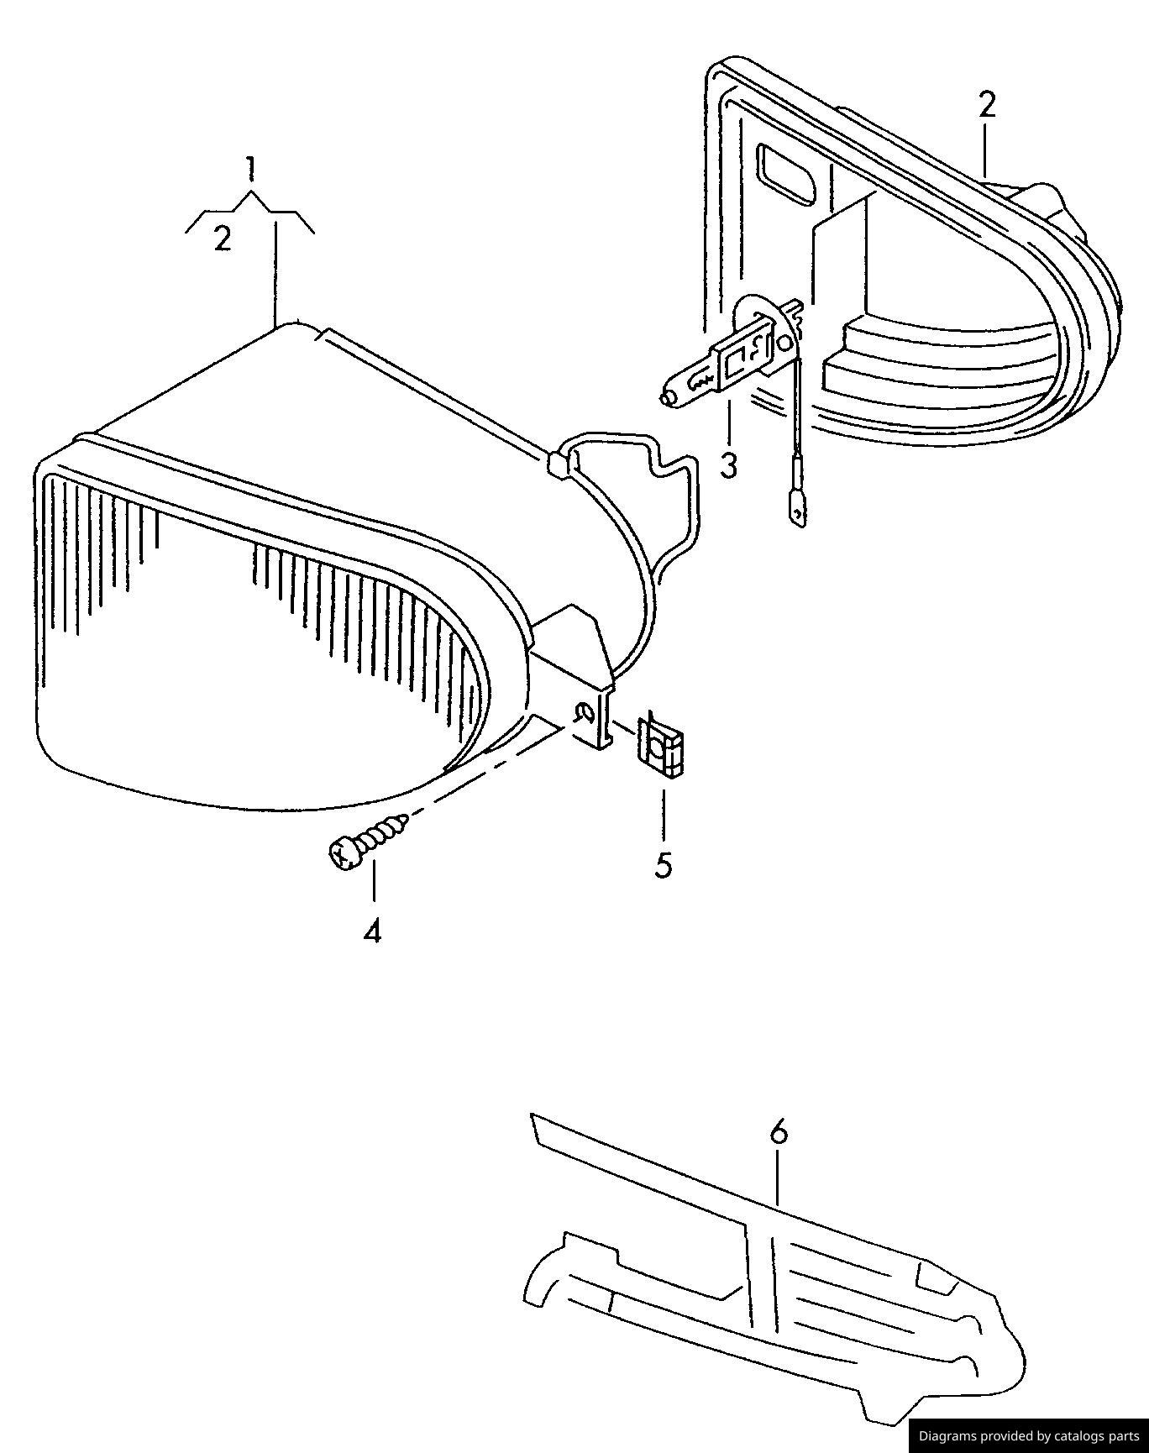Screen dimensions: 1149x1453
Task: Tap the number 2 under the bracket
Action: (222, 239)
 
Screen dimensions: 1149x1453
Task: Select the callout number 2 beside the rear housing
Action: (986, 105)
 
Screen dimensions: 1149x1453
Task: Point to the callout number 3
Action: (728, 464)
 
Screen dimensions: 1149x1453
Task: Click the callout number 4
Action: (372, 931)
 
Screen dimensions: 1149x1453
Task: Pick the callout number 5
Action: (664, 865)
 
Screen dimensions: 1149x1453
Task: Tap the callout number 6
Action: (779, 1133)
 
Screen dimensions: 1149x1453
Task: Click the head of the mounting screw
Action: (343, 854)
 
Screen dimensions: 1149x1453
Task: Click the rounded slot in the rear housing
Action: (787, 174)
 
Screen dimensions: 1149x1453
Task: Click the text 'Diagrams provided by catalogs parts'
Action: (1029, 1435)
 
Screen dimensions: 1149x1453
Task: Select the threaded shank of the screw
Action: (384, 832)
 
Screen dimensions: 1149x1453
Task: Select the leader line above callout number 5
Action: (664, 815)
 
